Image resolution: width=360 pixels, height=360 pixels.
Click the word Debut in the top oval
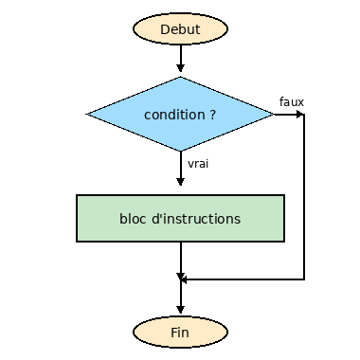click(x=180, y=29)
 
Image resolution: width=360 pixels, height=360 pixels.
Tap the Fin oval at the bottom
click(x=180, y=333)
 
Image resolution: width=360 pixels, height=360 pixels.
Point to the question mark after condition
click(x=212, y=115)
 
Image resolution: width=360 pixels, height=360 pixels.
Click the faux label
click(x=291, y=101)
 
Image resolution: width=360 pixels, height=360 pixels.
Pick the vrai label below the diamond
click(x=198, y=163)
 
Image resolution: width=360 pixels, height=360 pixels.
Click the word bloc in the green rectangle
click(x=134, y=219)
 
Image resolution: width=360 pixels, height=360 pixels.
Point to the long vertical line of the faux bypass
click(x=304, y=199)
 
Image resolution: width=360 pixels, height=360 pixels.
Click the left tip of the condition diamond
click(x=89, y=115)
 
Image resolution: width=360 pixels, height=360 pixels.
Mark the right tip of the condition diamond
click(x=272, y=115)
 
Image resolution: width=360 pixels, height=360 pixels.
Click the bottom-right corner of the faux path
click(x=304, y=279)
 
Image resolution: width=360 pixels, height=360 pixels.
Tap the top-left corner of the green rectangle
click(x=77, y=196)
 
